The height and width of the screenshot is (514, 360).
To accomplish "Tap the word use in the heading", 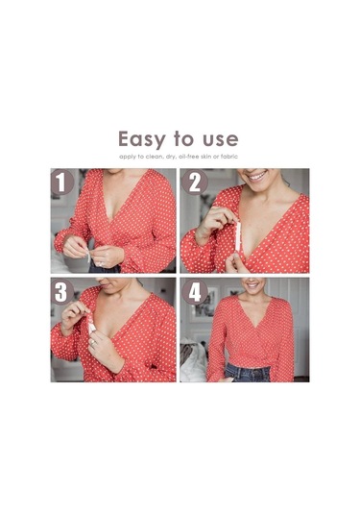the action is pos(221,138).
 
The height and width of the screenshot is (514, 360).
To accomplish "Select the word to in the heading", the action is pos(185,138).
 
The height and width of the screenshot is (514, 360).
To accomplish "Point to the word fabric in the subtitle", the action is pos(229,157).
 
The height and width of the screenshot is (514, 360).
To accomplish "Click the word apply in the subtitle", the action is pos(126,157).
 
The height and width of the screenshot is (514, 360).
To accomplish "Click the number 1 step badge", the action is pos(61,183).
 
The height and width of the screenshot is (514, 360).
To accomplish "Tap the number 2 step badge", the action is pos(195,183).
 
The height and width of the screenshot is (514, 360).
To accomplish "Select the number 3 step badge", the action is pos(61,292).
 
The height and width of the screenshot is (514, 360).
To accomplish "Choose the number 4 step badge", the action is pos(195,292).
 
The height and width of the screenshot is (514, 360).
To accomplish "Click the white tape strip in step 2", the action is pos(238,236).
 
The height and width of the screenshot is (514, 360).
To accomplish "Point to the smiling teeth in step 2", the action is pos(257,177).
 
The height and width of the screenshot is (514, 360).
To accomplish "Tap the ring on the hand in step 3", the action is pos(93,343).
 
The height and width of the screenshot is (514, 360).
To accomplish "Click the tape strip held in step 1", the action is pos(88,256).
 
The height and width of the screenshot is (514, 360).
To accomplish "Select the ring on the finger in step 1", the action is pos(100,263).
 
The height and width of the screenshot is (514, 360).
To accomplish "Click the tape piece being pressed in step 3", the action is pos(91,324).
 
